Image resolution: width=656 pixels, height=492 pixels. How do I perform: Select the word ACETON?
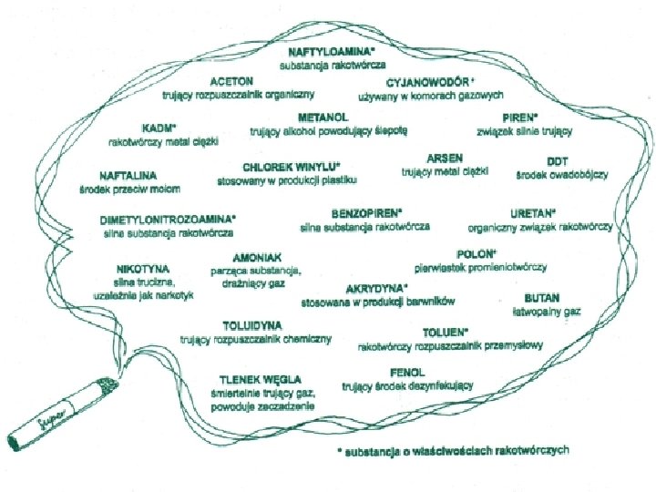pyautogui.click(x=232, y=80)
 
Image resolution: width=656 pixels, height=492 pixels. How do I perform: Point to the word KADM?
pyautogui.click(x=159, y=128)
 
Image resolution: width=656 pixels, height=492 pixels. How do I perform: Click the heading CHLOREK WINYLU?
pyautogui.click(x=291, y=167)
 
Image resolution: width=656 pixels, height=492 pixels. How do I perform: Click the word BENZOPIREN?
pyautogui.click(x=369, y=210)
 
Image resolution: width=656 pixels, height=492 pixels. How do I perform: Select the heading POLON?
pyautogui.click(x=475, y=252)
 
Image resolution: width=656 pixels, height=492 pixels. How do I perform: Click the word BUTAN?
pyautogui.click(x=542, y=297)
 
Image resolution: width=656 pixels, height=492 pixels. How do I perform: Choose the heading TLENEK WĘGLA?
pyautogui.click(x=260, y=378)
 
